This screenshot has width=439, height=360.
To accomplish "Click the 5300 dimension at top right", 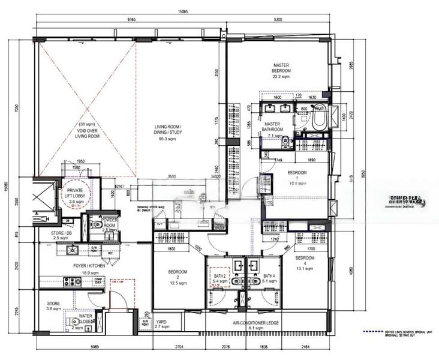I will [x=277, y=19].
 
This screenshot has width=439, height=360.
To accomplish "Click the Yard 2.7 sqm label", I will [x=161, y=325].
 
